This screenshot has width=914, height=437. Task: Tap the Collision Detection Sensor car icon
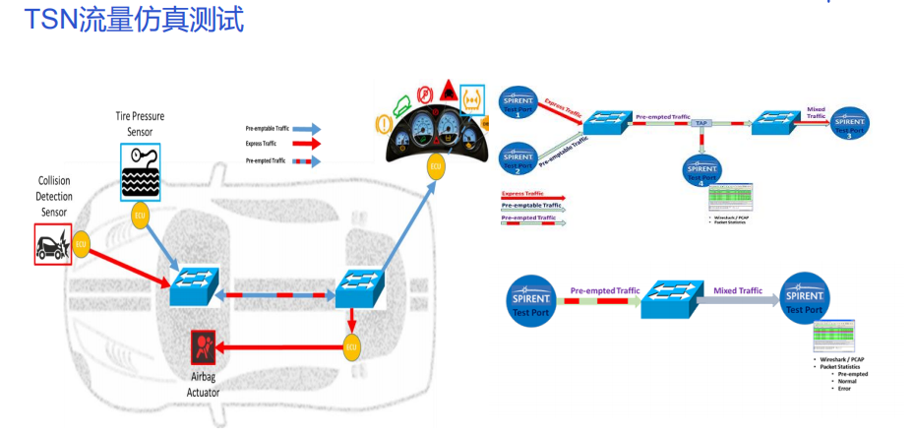52,243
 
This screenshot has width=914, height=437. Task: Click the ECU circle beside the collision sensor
82,243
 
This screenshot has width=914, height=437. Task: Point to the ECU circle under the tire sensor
140,217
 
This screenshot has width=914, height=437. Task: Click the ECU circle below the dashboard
435,166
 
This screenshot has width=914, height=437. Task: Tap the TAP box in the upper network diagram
701,124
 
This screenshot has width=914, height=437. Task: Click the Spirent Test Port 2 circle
518,157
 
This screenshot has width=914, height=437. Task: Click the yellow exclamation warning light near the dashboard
385,124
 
